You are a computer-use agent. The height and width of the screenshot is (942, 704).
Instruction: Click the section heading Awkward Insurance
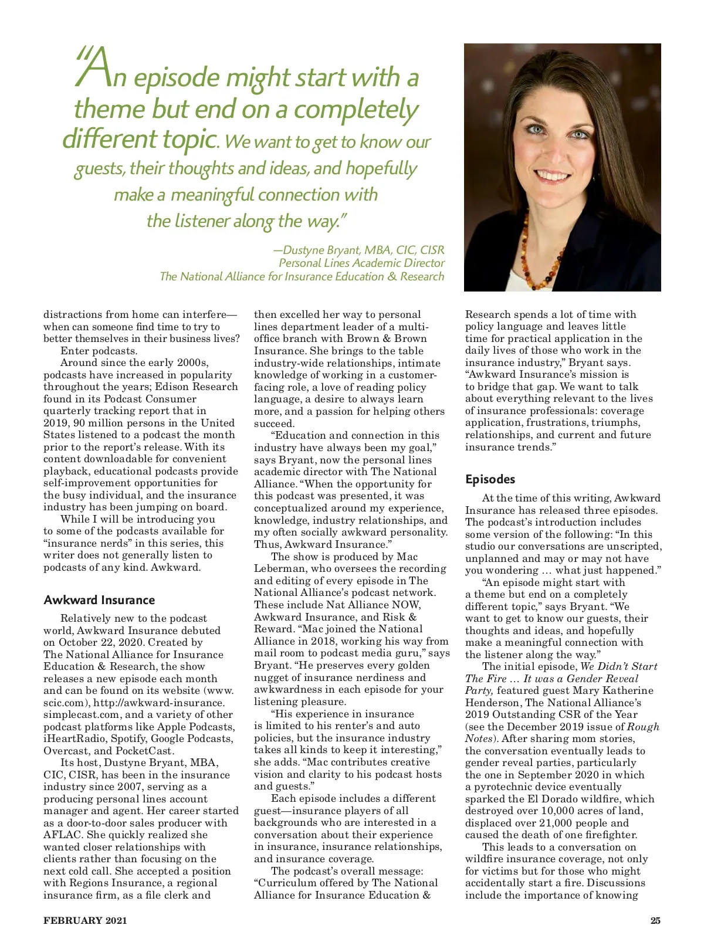[x=99, y=600]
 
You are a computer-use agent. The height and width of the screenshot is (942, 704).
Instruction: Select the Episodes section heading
[x=490, y=479]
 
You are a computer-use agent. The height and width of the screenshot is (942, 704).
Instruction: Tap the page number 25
[x=655, y=920]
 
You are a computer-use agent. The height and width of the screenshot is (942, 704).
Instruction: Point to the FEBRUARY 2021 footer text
[x=85, y=920]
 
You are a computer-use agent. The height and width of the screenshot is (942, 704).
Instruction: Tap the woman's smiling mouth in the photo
[x=552, y=175]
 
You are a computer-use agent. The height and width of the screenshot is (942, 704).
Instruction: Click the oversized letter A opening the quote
[x=94, y=69]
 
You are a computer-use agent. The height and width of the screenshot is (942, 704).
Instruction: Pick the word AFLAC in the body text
[x=63, y=835]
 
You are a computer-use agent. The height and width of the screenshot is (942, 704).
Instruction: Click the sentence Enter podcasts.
[x=99, y=351]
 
